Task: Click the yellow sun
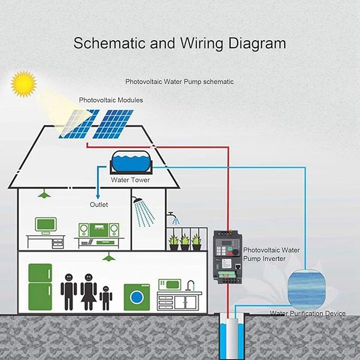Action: pyautogui.click(x=24, y=84)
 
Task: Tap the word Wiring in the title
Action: pyautogui.click(x=201, y=43)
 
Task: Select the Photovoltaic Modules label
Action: pyautogui.click(x=111, y=100)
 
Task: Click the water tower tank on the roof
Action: pyautogui.click(x=131, y=162)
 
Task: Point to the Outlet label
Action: pyautogui.click(x=99, y=205)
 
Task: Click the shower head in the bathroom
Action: pyautogui.click(x=137, y=200)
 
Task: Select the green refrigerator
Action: pyautogui.click(x=40, y=287)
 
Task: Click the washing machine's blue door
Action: pyautogui.click(x=137, y=297)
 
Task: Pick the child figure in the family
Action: pyautogui.click(x=106, y=298)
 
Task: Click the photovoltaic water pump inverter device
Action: pyautogui.click(x=227, y=257)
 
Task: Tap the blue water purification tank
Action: pyautogui.click(x=306, y=289)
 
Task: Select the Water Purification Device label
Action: pyautogui.click(x=308, y=313)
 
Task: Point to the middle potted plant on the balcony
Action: pyautogui.click(x=185, y=242)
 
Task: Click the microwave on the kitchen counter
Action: pyautogui.click(x=170, y=285)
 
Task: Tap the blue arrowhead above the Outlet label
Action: pyautogui.click(x=98, y=197)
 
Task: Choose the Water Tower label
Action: pyautogui.click(x=130, y=180)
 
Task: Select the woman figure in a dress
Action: pyautogui.click(x=89, y=292)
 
